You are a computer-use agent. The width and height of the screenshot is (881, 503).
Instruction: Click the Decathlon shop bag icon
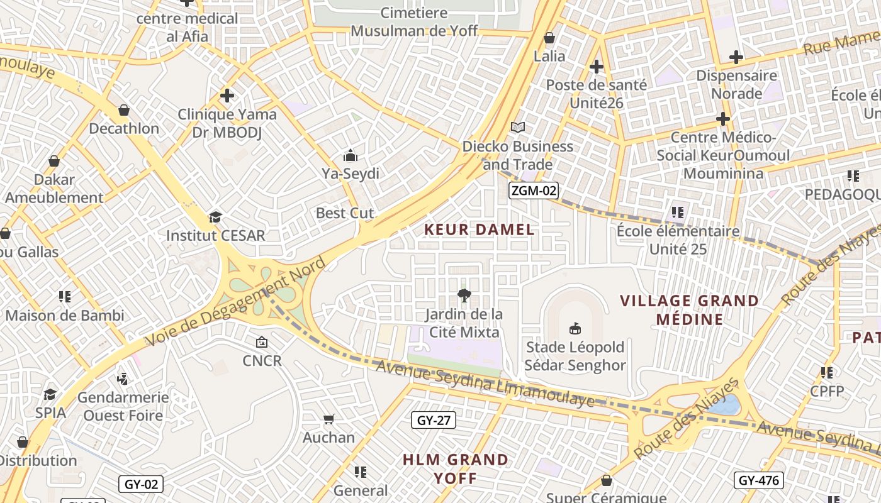click(x=124, y=111)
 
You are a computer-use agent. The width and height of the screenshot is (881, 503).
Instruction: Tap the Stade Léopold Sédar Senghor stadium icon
click(x=575, y=328)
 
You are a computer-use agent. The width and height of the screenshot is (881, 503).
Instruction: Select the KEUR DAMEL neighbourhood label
click(x=480, y=229)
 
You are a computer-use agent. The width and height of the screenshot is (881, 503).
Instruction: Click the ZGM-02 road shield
click(x=534, y=191)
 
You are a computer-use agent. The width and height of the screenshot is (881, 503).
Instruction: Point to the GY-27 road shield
click(x=434, y=420)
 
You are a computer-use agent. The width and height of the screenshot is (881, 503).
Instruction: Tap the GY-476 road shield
click(x=758, y=481)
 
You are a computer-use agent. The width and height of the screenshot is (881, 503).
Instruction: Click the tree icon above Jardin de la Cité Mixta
click(x=464, y=295)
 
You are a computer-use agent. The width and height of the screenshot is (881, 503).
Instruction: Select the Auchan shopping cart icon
click(x=328, y=419)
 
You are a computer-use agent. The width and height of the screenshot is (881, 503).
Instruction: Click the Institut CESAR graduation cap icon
click(x=215, y=218)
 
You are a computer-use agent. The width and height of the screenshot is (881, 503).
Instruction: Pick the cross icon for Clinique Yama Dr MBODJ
click(x=227, y=96)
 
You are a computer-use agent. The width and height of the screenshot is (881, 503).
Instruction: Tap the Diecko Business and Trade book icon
click(x=518, y=128)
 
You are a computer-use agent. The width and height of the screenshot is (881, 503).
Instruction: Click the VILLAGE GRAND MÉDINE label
click(x=690, y=310)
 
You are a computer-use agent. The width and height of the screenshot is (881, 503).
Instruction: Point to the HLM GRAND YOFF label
click(x=456, y=469)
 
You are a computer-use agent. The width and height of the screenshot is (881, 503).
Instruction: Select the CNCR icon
click(x=262, y=343)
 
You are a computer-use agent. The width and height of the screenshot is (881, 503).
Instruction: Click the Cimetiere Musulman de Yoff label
click(x=414, y=22)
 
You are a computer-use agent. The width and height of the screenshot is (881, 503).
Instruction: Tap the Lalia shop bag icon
click(x=549, y=38)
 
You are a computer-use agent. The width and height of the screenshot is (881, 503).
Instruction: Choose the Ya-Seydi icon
click(x=351, y=155)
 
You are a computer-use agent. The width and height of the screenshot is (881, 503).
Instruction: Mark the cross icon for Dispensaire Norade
click(x=736, y=57)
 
